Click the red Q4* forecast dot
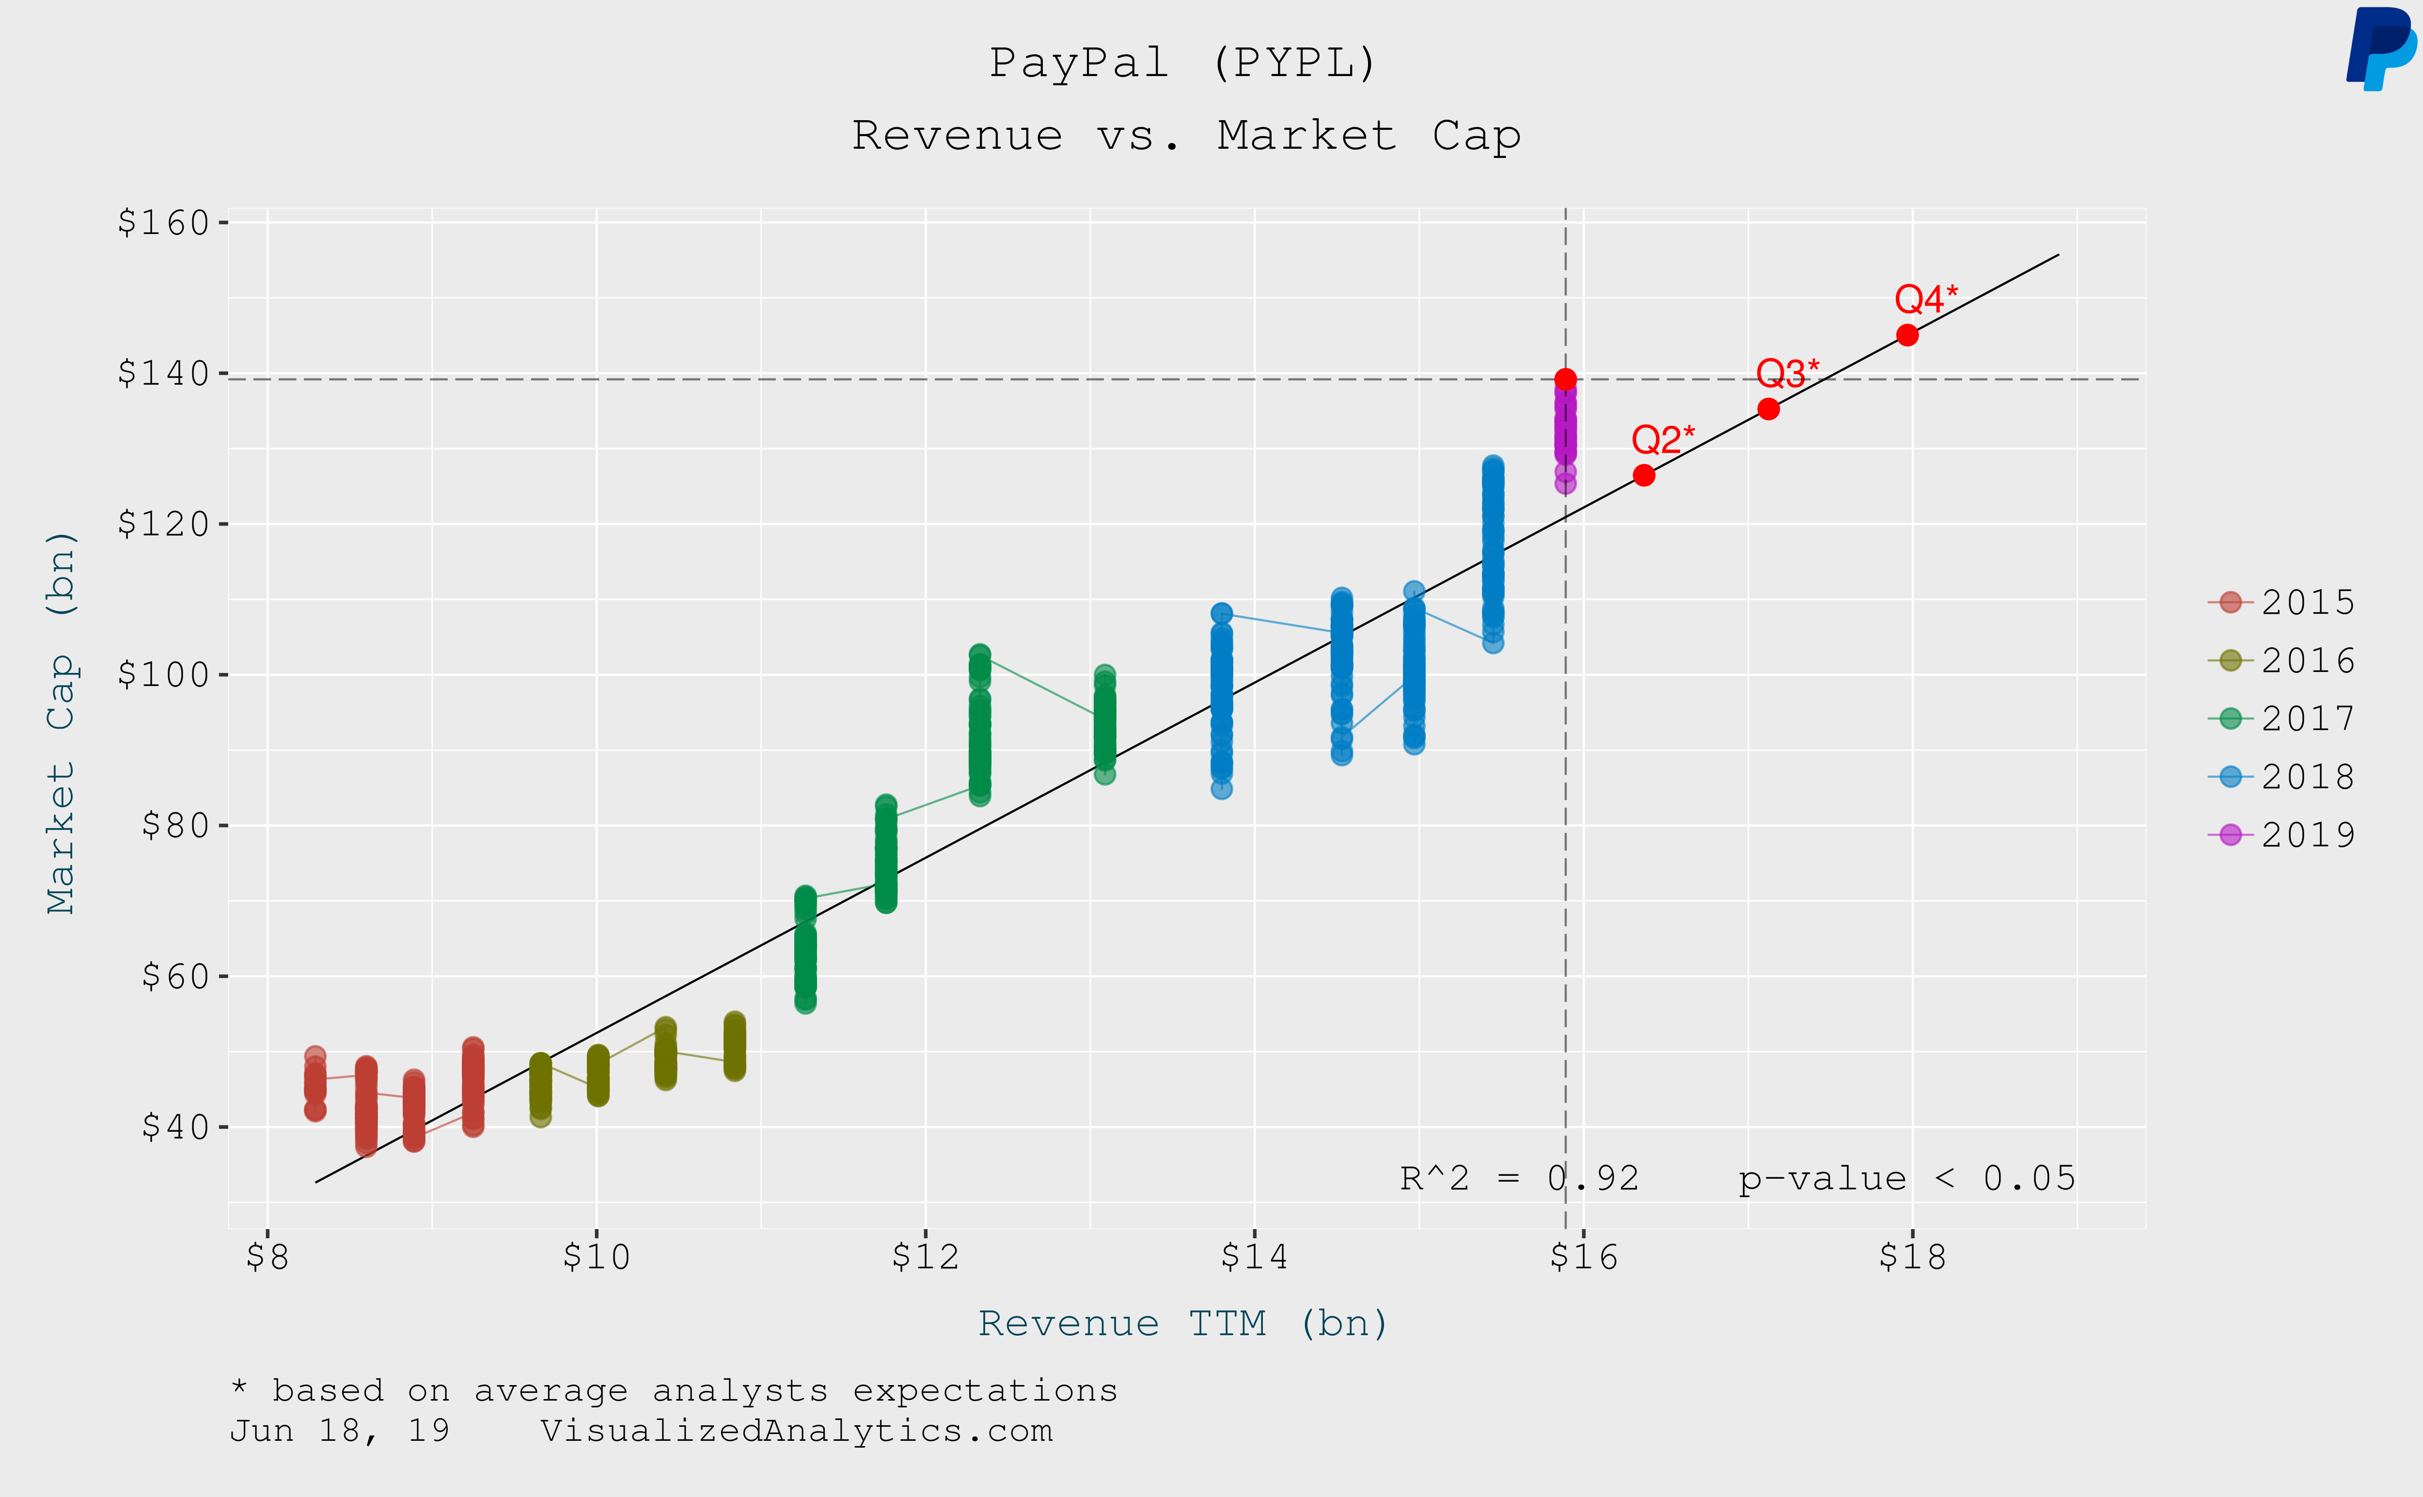pos(1907,336)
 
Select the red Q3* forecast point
pos(1768,409)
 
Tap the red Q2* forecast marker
pos(1644,475)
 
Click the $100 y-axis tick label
pos(163,674)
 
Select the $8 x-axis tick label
pos(267,1256)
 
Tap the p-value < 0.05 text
pos(1906,1178)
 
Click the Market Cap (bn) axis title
pos(62,723)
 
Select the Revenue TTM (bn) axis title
pos(1183,1324)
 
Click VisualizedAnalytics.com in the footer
pos(796,1431)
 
